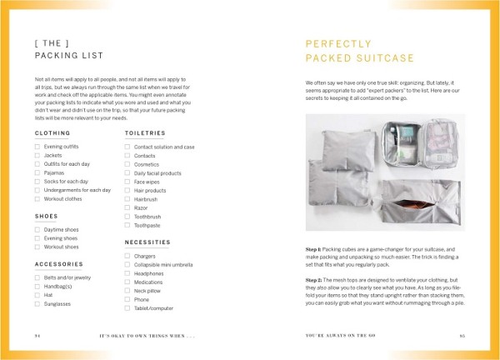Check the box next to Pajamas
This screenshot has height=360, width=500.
pos(38,172)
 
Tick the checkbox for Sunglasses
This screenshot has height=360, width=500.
pos(38,304)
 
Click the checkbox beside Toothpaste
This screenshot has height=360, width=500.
pos(127,225)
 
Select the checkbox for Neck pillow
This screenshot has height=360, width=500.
pos(127,291)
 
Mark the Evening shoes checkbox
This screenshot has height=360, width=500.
pos(38,238)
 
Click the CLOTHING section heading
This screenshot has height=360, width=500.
pos(52,132)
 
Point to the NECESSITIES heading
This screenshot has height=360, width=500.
pos(147,242)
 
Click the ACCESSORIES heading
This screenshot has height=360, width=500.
pos(57,264)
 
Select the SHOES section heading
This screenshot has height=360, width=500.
pos(46,216)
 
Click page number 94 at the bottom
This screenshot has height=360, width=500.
pos(37,337)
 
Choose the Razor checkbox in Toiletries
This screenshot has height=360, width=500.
pos(127,207)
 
